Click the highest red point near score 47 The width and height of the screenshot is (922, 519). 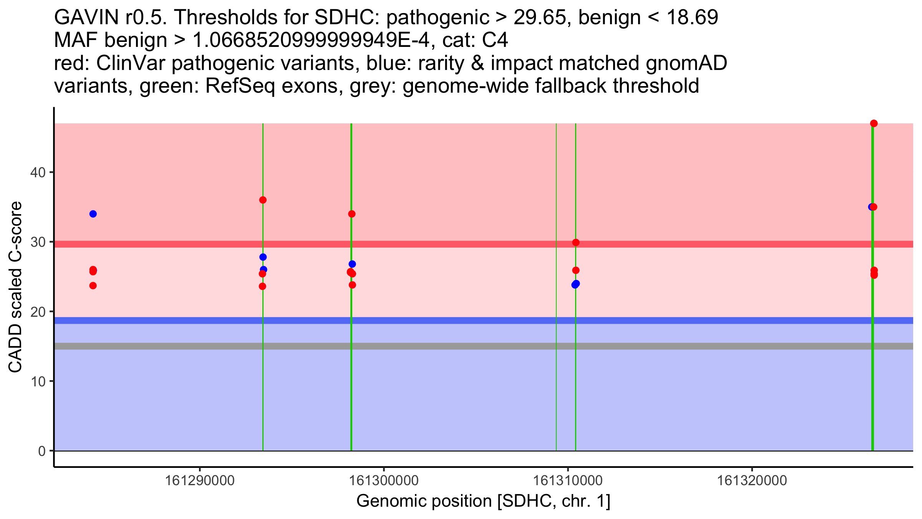tap(874, 123)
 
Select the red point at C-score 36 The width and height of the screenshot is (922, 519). tap(263, 200)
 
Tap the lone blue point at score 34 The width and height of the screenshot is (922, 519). tap(93, 214)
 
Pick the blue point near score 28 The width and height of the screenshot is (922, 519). tap(263, 257)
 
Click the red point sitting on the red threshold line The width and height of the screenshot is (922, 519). tap(575, 243)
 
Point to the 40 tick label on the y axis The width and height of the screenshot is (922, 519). tap(38, 172)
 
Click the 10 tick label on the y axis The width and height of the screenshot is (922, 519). tap(38, 381)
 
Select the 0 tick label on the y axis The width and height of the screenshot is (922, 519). tap(41, 451)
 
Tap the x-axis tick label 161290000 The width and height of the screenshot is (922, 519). tap(199, 481)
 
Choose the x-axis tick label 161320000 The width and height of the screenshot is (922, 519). tap(752, 481)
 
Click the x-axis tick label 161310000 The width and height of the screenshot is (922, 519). tap(568, 481)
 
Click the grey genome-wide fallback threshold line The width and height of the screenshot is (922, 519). tap(461, 346)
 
